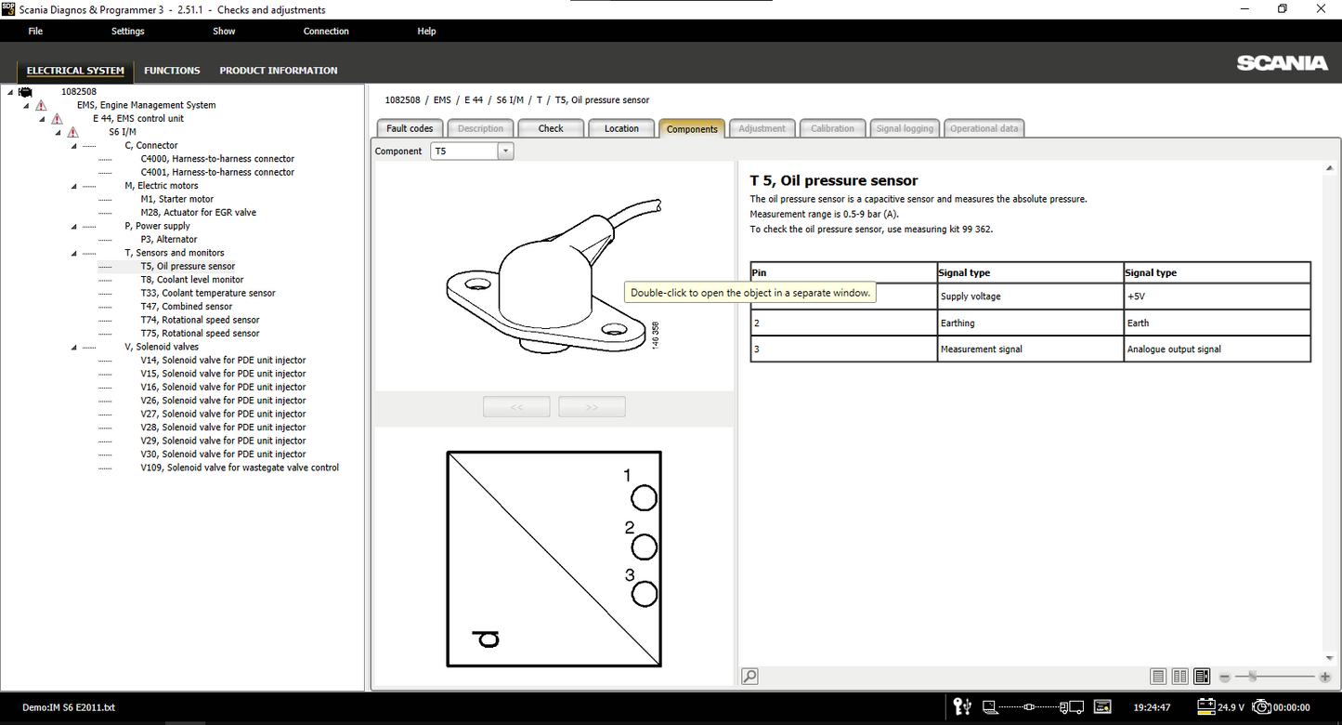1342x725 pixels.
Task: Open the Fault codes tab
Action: pos(410,128)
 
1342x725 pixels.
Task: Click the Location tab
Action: pos(621,128)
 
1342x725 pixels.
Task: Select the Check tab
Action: pos(551,128)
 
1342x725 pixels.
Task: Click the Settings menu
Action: pos(127,32)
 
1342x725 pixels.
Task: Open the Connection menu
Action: pos(326,32)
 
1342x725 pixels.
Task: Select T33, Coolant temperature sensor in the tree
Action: pos(208,293)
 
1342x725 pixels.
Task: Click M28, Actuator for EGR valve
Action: pos(199,212)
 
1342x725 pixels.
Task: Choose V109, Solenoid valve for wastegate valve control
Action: pos(240,468)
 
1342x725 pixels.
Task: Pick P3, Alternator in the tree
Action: pos(169,239)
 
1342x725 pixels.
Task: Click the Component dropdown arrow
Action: pos(505,152)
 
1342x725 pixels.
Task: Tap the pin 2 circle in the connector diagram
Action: pos(644,547)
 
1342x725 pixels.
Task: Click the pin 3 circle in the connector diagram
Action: pos(644,594)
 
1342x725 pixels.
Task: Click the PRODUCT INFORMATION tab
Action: pos(279,70)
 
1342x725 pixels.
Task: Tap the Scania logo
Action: pos(1282,63)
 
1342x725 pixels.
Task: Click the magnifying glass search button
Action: pos(749,677)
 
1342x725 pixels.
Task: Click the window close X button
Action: pos(1321,9)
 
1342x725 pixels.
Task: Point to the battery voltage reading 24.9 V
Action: pos(1231,707)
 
